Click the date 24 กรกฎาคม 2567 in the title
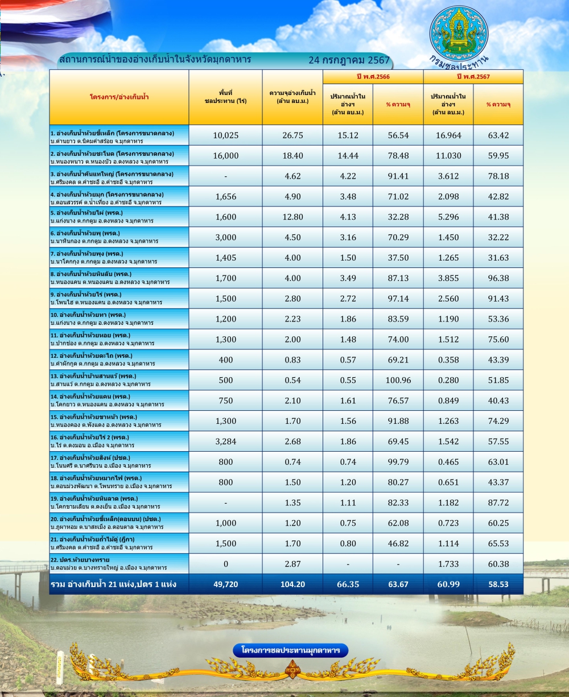click(x=349, y=60)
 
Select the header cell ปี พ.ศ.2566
click(x=373, y=77)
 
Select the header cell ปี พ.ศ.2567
click(x=473, y=77)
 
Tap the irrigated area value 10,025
click(x=225, y=135)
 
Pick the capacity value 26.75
click(x=292, y=135)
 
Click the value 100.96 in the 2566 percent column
click(x=398, y=380)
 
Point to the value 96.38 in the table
click(x=498, y=278)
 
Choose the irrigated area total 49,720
click(x=225, y=584)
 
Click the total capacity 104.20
click(x=292, y=584)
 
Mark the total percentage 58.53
click(x=498, y=584)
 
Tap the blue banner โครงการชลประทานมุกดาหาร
click(x=290, y=650)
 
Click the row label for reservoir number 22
click(x=108, y=563)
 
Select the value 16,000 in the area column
click(x=225, y=156)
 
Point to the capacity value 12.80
click(x=292, y=217)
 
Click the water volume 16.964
click(x=448, y=135)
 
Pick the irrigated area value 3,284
click(x=225, y=441)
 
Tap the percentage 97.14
click(x=398, y=299)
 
